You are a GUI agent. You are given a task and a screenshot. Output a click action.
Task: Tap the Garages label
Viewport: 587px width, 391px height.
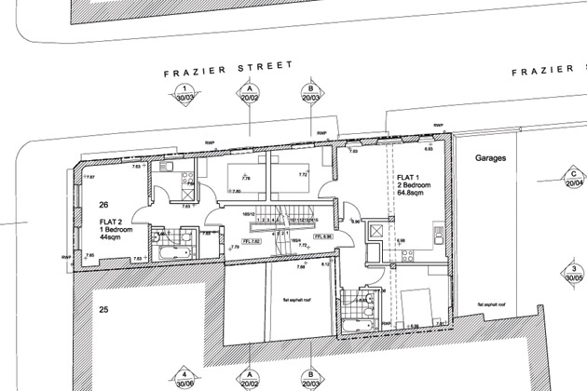point(489,159)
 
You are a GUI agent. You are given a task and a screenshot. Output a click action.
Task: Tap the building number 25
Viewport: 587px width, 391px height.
point(104,308)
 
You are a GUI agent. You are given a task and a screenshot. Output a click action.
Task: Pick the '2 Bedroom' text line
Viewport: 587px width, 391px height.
point(408,184)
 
